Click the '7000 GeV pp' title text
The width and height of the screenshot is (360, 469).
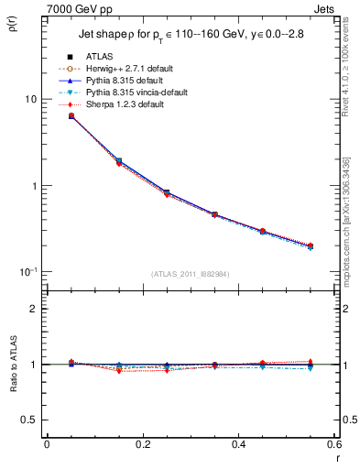(x=79, y=8)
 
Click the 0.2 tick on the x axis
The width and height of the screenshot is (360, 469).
(x=142, y=445)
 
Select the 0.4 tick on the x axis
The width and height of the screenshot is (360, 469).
(x=239, y=445)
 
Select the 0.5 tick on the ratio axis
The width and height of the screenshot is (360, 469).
(x=30, y=420)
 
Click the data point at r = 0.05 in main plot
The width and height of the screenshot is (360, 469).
(x=71, y=115)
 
